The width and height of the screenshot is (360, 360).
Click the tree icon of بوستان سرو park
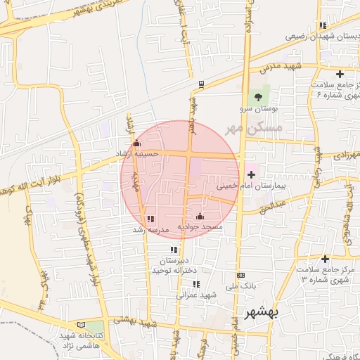tap(257, 96)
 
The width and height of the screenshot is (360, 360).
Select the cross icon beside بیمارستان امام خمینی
tap(251, 172)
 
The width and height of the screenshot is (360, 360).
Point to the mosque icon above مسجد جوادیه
tap(200, 216)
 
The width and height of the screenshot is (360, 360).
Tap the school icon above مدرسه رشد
tap(150, 219)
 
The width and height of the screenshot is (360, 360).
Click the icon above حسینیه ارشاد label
tap(137, 143)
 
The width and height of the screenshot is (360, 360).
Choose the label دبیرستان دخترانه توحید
tap(173, 265)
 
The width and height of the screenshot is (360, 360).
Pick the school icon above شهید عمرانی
tap(196, 284)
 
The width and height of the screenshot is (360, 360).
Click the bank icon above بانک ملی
tap(241, 275)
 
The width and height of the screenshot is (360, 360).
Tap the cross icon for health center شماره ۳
tap(325, 259)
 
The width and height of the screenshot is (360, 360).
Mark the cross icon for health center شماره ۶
tap(340, 74)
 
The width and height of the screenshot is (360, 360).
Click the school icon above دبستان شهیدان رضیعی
tap(322, 25)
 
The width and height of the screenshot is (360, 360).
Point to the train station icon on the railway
tap(201, 84)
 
